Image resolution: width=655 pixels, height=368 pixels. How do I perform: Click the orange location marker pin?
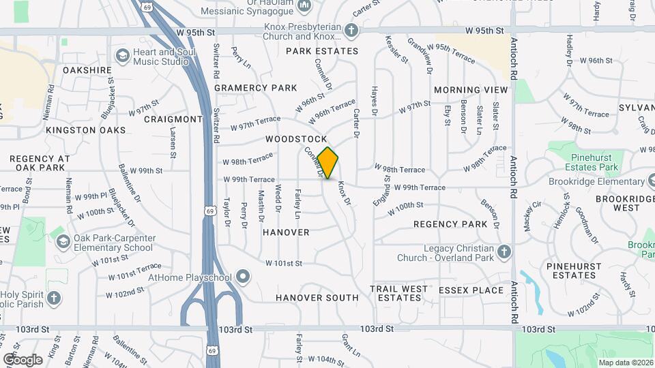click(328, 163)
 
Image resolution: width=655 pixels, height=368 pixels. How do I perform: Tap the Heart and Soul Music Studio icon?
click(123, 56)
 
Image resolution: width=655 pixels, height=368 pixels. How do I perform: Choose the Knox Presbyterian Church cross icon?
click(351, 31)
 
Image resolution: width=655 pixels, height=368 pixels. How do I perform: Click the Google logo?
click(23, 359)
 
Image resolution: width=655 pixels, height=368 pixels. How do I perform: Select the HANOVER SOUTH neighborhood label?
click(317, 298)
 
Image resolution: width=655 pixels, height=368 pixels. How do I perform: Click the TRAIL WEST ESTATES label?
click(399, 293)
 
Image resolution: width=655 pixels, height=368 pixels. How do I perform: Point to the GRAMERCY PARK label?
click(256, 88)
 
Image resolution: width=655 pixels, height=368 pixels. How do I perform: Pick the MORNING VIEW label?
click(471, 90)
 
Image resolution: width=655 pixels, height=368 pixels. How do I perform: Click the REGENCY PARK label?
click(450, 224)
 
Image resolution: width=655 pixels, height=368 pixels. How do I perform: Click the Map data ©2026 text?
click(625, 363)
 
